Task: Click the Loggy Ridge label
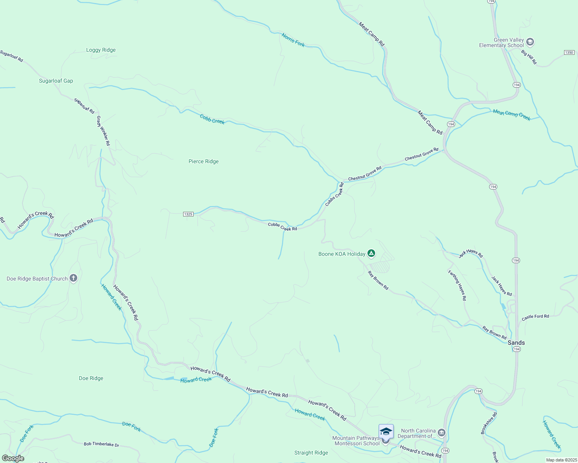point(101,50)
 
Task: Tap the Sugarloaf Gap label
point(56,81)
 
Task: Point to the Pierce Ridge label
point(204,162)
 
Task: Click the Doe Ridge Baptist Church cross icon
point(73,278)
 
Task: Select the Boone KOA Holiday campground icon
point(371,253)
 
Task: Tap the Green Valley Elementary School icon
point(530,42)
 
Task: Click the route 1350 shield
point(569,52)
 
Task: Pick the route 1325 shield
point(188,214)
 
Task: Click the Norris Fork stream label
point(293,40)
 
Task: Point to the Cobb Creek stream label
point(212,119)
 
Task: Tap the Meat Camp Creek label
point(512,115)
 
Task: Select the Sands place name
point(516,343)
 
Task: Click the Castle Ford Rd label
point(535,317)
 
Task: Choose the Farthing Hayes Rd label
point(457,285)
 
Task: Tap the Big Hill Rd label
point(529,57)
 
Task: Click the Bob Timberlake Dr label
point(102,444)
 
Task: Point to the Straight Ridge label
point(311,453)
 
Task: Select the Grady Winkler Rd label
point(104,131)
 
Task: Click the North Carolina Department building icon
point(442,433)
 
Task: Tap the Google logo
point(13,458)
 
